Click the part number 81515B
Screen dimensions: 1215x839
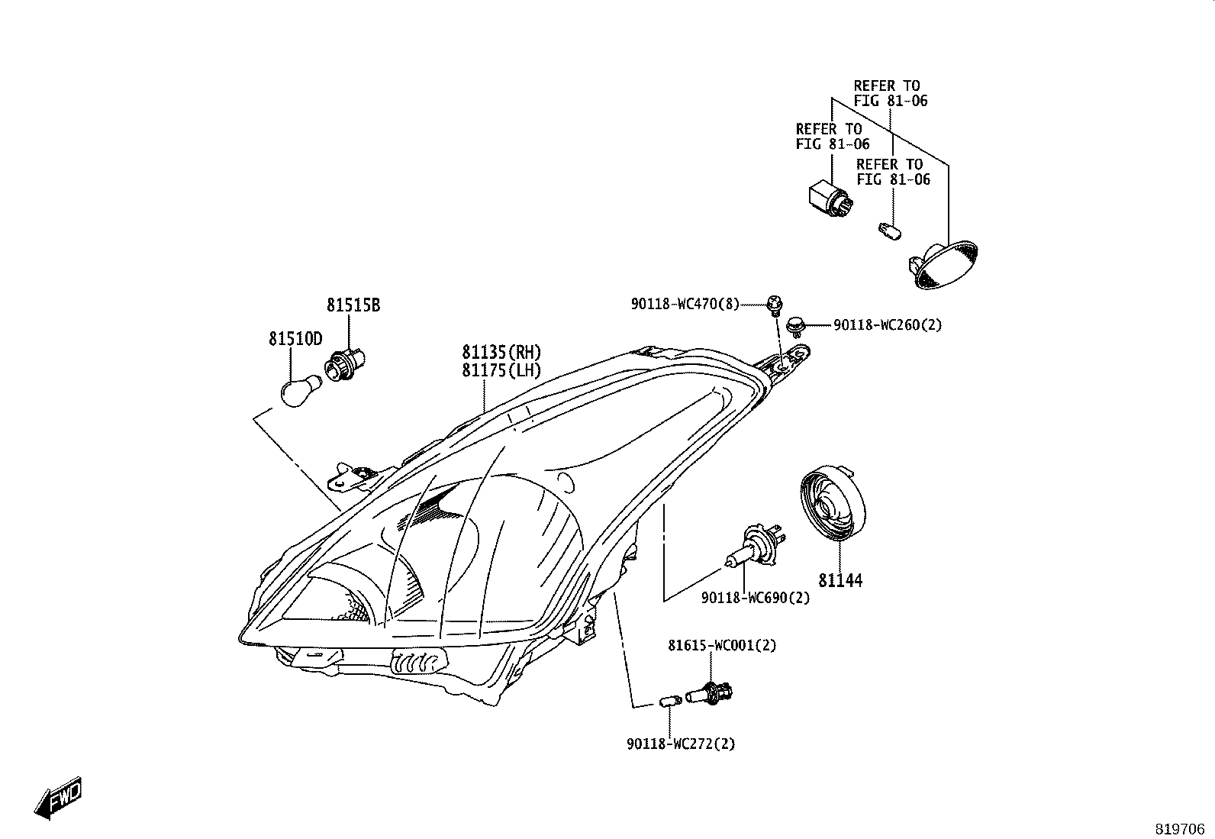tap(353, 305)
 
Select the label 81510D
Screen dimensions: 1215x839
tap(295, 339)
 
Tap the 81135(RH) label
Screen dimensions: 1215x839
tap(501, 353)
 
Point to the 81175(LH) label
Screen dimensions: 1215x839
tap(501, 371)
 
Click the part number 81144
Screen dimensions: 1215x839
tap(840, 581)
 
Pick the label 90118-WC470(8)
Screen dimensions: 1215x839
tap(685, 305)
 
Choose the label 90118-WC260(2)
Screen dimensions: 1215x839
tap(888, 325)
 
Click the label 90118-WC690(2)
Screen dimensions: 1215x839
tap(756, 598)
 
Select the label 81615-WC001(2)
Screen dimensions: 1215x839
tap(722, 646)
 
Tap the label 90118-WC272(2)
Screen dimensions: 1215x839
tap(682, 744)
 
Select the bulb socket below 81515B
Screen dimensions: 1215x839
tap(344, 363)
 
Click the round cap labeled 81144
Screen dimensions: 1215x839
tap(833, 503)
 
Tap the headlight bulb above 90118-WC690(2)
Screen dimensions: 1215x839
tap(756, 546)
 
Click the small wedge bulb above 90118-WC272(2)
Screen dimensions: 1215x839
tap(670, 702)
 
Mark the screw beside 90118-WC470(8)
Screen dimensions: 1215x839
tap(775, 305)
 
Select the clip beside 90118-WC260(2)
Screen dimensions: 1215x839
tap(795, 325)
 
